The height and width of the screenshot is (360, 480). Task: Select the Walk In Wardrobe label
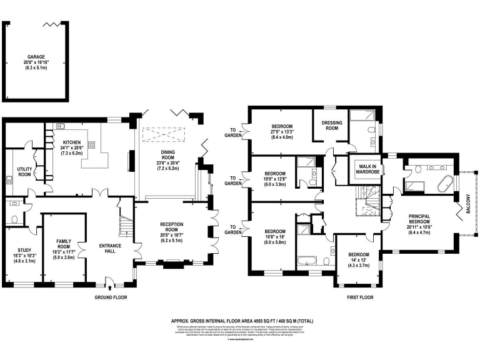point(367,167)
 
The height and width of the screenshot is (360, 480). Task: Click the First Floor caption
point(360,297)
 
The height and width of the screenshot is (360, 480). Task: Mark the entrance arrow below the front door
point(111,288)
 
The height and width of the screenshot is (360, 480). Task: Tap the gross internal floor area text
point(242,321)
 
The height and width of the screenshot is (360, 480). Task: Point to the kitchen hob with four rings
point(91,145)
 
